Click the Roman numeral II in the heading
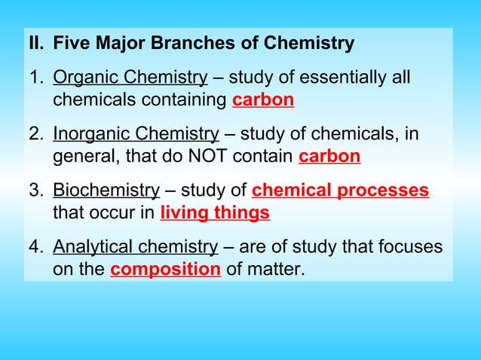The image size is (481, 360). [x=36, y=44]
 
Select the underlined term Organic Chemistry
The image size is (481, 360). [x=130, y=78]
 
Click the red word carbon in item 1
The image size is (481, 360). [x=263, y=99]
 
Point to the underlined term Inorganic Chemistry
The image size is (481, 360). [x=136, y=134]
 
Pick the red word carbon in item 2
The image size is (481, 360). [x=329, y=157]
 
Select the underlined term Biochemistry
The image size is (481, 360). [x=106, y=191]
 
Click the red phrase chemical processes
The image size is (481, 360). [x=340, y=191]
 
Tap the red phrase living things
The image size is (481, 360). [x=215, y=213]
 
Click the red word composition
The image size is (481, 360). [x=165, y=270]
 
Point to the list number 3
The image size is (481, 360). [x=35, y=191]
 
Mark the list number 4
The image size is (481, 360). [x=35, y=247]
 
